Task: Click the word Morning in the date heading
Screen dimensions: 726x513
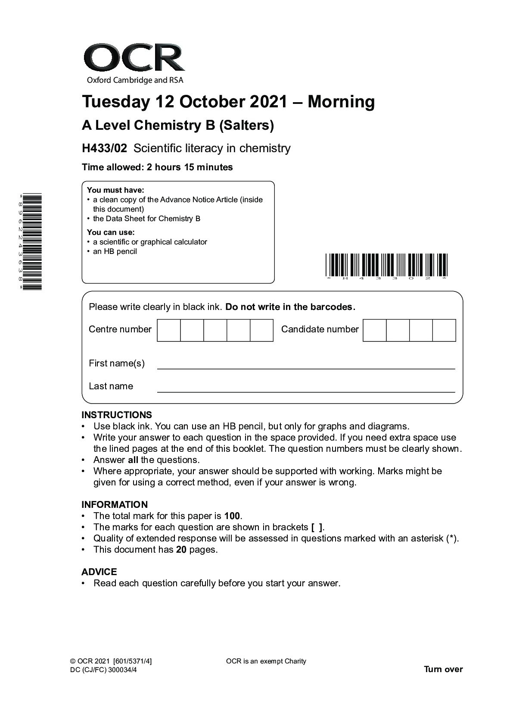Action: tap(341, 102)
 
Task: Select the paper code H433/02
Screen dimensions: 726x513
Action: tap(104, 148)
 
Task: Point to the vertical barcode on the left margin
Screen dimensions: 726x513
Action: tap(31, 241)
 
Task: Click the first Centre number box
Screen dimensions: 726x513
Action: tap(168, 330)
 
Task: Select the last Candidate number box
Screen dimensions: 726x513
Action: tap(444, 330)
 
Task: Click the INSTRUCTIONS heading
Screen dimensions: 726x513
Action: tap(117, 415)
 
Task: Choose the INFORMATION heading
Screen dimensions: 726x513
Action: tap(115, 504)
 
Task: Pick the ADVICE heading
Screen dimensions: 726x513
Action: tap(99, 572)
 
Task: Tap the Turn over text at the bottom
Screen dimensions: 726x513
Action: tap(443, 669)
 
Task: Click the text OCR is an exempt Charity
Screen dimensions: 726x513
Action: tap(266, 661)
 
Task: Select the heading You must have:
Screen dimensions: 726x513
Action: tap(115, 190)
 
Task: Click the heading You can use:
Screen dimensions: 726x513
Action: tap(111, 232)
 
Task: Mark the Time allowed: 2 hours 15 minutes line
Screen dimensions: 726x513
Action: tap(157, 167)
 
